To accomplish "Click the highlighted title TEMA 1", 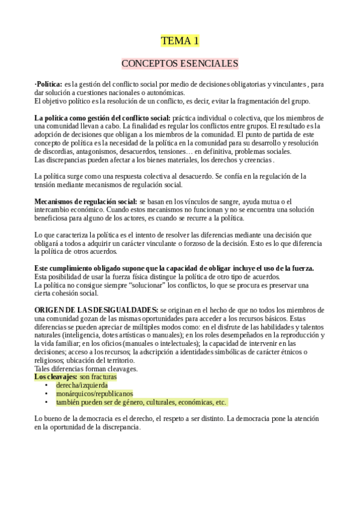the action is point(180,41).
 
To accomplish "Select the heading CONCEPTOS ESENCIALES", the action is point(180,63).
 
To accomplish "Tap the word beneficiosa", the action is point(53,218).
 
